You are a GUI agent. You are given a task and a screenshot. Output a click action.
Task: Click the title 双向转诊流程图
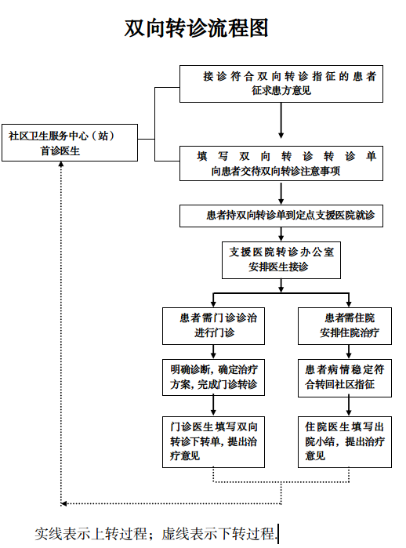click(197, 29)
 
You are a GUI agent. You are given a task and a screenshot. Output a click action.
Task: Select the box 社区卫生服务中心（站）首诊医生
click(61, 142)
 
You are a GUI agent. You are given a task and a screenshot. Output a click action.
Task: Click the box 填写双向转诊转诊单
click(281, 163)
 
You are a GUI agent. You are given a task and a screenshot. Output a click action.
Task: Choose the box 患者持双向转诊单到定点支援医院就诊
click(281, 215)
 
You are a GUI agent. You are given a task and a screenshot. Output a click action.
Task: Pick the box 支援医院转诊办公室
click(281, 259)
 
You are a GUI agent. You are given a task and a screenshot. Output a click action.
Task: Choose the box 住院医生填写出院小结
click(345, 441)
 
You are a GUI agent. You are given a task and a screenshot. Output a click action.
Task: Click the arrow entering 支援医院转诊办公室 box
click(281, 234)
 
